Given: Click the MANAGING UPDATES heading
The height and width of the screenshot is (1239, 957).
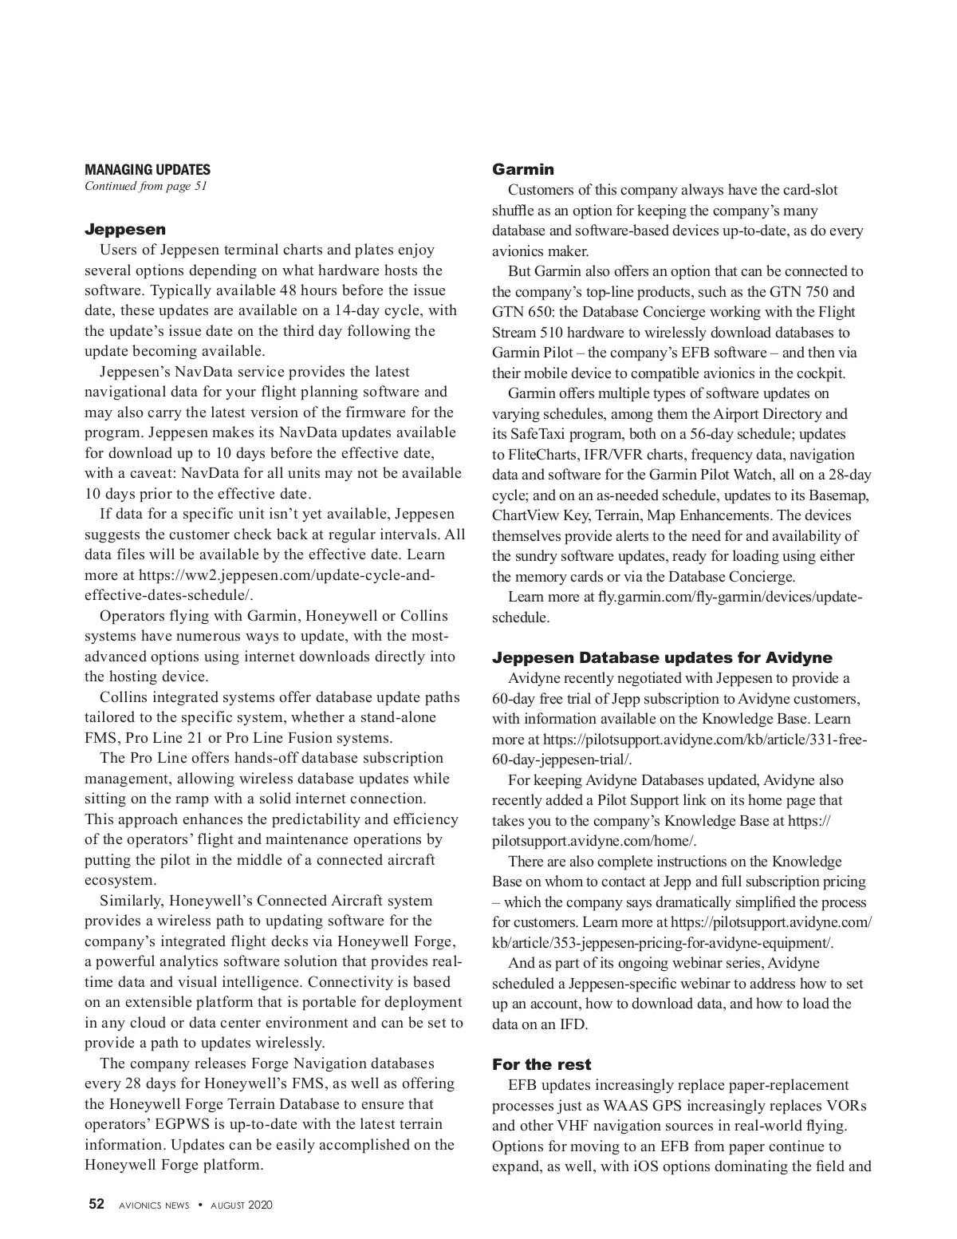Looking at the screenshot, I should click(x=148, y=169).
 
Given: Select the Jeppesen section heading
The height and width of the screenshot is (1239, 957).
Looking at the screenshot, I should click(x=125, y=230).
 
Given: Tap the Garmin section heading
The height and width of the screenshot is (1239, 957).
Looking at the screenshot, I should click(x=523, y=169).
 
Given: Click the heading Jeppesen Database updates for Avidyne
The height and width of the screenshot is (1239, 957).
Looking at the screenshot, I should click(x=662, y=657).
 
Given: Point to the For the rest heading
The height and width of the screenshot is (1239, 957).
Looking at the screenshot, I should click(x=542, y=1064).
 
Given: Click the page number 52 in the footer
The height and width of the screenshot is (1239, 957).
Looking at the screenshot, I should click(x=96, y=1205).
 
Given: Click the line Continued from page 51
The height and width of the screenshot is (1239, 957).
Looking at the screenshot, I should click(x=146, y=186).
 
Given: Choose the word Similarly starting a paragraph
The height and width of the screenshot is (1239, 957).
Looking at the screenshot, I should click(x=132, y=901).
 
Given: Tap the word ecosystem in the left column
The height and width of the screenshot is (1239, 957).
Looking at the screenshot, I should click(x=120, y=880).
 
